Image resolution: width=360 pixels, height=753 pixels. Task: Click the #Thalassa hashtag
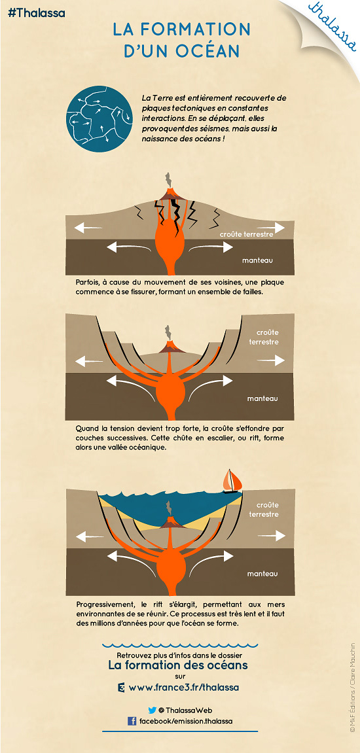[x=37, y=13]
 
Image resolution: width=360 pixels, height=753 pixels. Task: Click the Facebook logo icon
[x=132, y=721]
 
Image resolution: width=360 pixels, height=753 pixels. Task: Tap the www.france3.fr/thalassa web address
[x=184, y=687]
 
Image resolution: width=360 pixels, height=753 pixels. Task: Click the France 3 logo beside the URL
[x=121, y=688]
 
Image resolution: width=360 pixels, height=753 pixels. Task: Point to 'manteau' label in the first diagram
[x=258, y=260]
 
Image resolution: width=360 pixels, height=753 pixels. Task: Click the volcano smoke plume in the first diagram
[x=168, y=180]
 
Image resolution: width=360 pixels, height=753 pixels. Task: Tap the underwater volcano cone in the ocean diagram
[x=169, y=523]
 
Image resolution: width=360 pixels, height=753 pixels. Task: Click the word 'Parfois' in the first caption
[x=88, y=283]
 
